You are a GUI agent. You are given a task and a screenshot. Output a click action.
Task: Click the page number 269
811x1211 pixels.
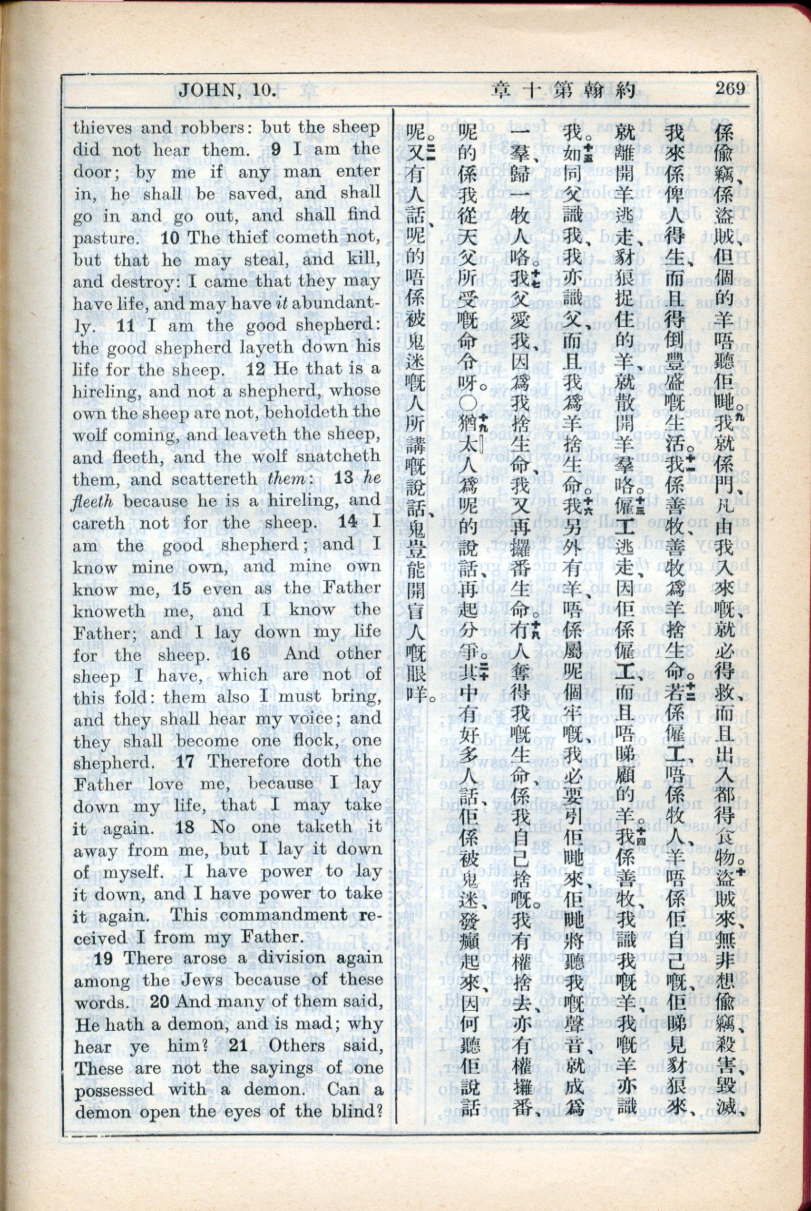(x=730, y=88)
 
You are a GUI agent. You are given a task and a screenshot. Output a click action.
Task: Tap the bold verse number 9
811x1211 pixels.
(x=276, y=149)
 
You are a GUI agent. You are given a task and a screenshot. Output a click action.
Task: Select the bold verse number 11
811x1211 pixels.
(x=126, y=326)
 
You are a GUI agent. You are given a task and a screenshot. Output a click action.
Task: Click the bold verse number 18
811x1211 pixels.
(x=185, y=827)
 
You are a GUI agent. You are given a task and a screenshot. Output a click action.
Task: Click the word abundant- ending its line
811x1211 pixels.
(x=336, y=304)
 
